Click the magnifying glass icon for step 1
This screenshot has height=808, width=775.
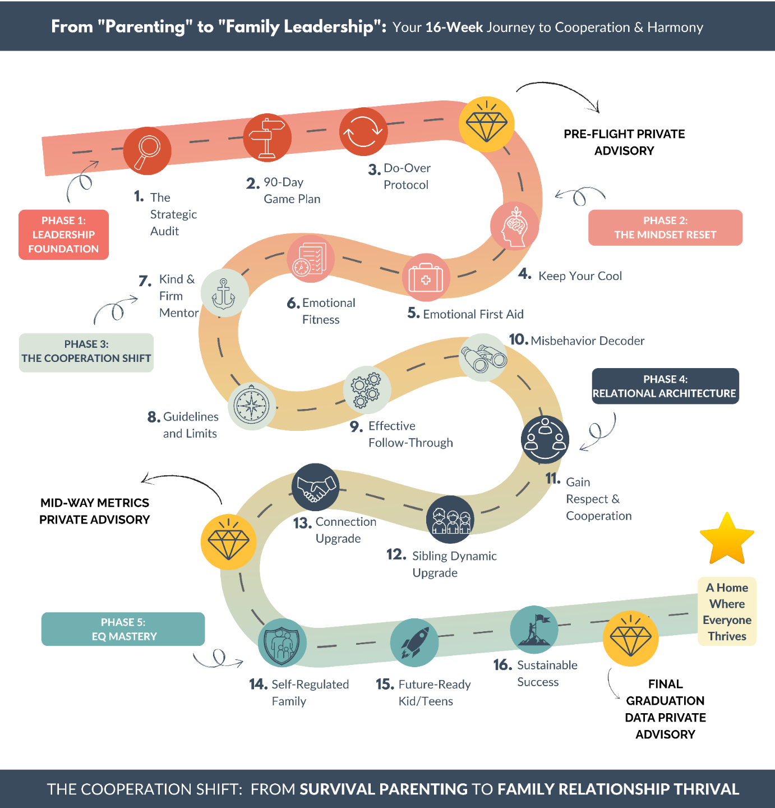point(147,150)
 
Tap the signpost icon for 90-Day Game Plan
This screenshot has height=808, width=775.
point(267,138)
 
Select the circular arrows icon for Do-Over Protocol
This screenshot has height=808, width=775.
point(363,132)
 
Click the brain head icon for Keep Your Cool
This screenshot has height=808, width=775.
point(514,226)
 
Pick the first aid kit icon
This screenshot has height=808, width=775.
point(426,278)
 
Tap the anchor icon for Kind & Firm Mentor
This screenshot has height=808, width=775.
point(224,293)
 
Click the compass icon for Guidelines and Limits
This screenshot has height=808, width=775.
point(252,406)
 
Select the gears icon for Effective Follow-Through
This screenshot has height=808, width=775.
point(367,390)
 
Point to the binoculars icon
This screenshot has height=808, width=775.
point(483,358)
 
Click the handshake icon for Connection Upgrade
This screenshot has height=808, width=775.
point(315,487)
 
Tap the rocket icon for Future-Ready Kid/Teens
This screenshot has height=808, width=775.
point(414,642)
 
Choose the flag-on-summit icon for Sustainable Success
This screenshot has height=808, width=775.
point(534,630)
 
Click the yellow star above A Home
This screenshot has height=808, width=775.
point(727,539)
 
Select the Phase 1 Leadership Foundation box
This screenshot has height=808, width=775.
point(63,235)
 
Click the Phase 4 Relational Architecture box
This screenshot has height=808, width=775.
point(665,386)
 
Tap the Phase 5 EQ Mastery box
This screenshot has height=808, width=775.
point(123,629)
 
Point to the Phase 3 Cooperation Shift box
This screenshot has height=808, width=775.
point(86,352)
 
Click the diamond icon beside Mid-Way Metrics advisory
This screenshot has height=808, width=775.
point(229,542)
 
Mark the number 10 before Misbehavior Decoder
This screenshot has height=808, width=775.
point(518,339)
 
